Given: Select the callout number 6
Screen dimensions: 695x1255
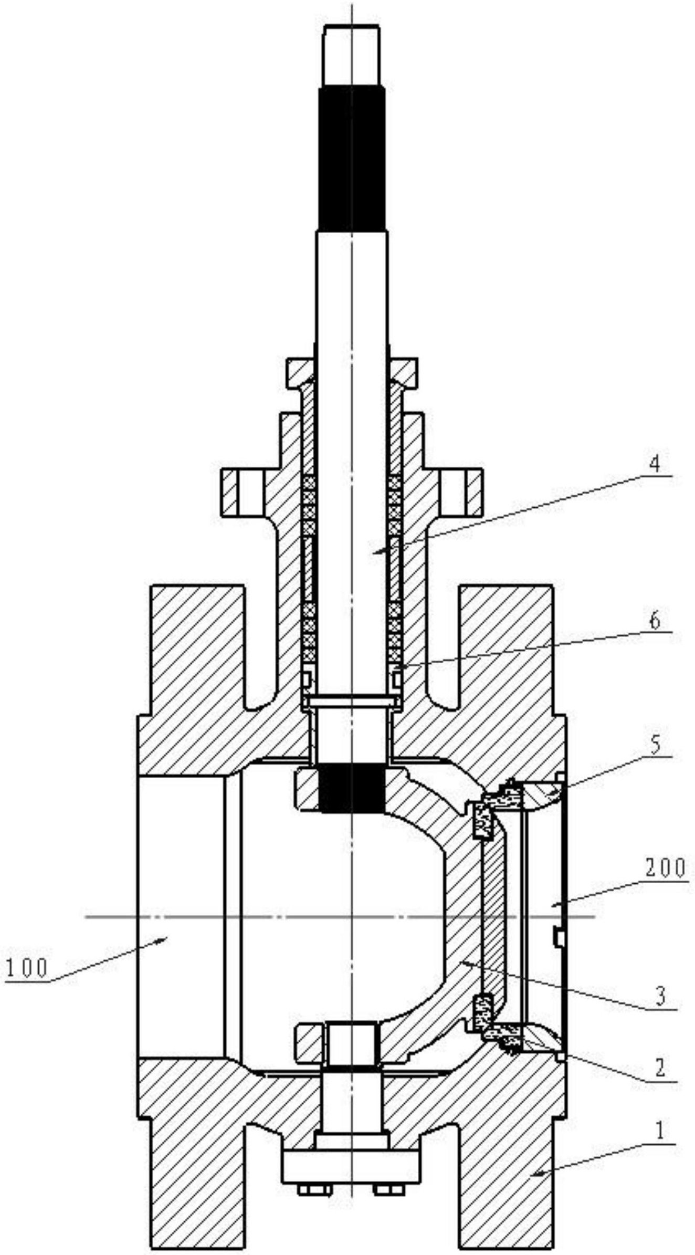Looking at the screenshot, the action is point(655,622).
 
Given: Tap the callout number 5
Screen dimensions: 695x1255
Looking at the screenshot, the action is point(655,746).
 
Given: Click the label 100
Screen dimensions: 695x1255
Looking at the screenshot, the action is point(27,967).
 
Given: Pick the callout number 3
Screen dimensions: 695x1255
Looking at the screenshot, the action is point(661,995).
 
